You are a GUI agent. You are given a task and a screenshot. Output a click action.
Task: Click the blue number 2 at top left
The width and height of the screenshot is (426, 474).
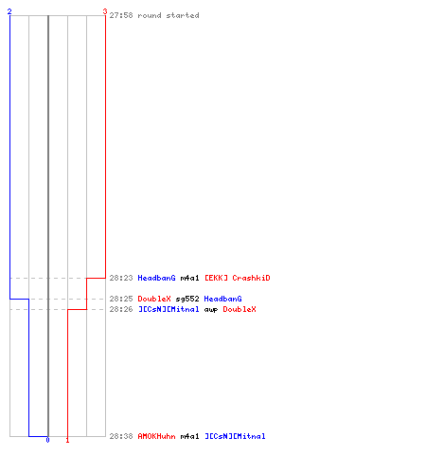[x=9, y=11]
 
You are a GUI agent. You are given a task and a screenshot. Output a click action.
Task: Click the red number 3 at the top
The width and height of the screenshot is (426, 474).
[x=105, y=11]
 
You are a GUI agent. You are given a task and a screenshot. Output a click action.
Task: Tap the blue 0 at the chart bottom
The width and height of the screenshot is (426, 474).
[x=47, y=440]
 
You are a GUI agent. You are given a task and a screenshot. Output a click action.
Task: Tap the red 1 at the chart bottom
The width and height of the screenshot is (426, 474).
[x=67, y=440]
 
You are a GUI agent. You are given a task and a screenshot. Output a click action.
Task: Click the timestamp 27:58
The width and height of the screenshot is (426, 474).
[x=121, y=15]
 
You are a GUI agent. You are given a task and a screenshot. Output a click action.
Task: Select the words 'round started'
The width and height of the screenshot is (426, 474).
[x=169, y=15]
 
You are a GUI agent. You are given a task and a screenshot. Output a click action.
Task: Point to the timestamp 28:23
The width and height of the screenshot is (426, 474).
[x=121, y=278]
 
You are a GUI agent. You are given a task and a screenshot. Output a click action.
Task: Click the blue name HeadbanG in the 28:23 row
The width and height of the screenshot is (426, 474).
[x=156, y=278]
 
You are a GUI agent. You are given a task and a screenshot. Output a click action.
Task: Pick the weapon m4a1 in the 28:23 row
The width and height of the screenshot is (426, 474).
[x=189, y=278]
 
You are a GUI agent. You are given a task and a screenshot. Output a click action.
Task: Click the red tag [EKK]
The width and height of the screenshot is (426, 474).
[x=216, y=278]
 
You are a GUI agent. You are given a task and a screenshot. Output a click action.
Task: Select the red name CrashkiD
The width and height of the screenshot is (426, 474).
[x=251, y=278]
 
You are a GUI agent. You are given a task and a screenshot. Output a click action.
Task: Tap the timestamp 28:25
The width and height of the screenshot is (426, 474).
[x=121, y=299]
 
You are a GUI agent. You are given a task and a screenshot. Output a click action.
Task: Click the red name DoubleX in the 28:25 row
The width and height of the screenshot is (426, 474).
[x=154, y=299]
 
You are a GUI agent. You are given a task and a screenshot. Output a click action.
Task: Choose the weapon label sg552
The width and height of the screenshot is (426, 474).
[x=187, y=299]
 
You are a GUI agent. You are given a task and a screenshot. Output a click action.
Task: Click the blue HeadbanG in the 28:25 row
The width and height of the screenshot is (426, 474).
[x=222, y=299]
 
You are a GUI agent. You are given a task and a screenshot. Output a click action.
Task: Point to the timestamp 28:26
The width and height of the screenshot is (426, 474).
[x=121, y=309]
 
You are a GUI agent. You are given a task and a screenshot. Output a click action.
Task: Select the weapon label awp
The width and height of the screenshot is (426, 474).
[x=211, y=310]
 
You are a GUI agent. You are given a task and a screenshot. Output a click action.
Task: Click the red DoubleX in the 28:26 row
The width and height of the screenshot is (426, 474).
[x=240, y=309]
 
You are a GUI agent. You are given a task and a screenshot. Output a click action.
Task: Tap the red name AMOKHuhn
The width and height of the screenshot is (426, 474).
[x=156, y=436]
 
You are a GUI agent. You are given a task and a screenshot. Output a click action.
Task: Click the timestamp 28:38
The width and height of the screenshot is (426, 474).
[x=121, y=436]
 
